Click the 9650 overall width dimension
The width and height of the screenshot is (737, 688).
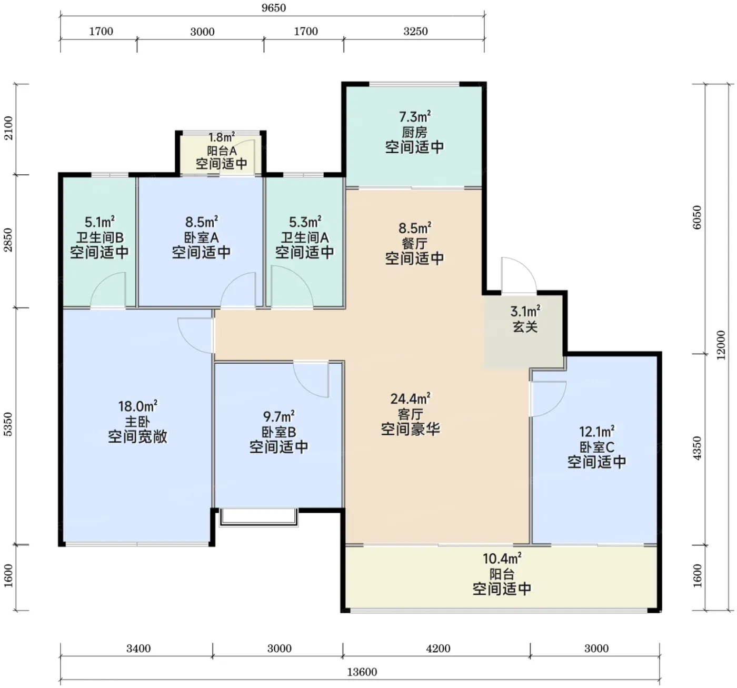coord(274,8)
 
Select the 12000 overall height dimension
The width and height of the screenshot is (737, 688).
coord(720,345)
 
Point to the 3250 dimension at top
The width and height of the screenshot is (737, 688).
coord(416,32)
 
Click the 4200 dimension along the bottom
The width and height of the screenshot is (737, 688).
coord(439,649)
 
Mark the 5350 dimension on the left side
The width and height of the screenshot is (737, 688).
coord(8,424)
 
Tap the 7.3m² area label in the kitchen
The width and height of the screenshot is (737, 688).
coord(415,117)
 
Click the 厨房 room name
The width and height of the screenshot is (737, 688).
coord(414,132)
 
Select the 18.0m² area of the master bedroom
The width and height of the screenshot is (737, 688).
coord(138,406)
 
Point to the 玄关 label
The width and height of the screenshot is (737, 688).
coord(525,326)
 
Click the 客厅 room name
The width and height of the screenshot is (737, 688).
coord(411,414)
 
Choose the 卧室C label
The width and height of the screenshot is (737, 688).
coord(597,447)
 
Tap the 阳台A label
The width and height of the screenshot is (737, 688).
coord(222,151)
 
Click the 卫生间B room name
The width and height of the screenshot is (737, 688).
coord(100,237)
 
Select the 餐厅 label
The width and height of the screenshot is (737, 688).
coord(414,243)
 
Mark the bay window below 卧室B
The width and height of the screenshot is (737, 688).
coord(258,517)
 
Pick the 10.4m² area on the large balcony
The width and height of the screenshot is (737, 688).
coord(502,558)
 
